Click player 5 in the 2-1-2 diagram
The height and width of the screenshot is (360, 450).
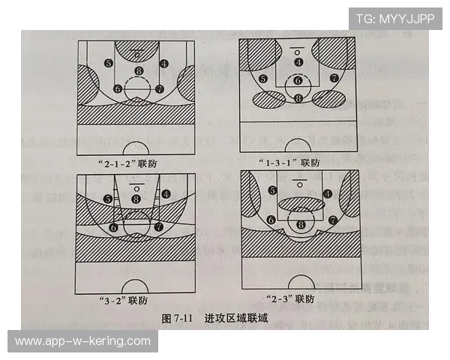click(109, 64)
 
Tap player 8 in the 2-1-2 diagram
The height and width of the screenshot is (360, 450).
click(137, 71)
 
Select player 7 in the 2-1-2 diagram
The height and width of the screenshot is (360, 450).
click(159, 88)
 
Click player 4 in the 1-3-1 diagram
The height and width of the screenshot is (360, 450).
click(298, 62)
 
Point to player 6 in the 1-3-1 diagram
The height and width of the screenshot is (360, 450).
click(298, 80)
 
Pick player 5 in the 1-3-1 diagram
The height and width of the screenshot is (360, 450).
click(262, 79)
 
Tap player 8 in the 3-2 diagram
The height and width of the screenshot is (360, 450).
click(136, 199)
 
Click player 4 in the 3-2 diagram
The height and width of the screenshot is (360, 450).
click(165, 193)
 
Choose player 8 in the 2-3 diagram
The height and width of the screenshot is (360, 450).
click(301, 224)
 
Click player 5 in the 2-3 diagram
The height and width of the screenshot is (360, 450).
click(272, 190)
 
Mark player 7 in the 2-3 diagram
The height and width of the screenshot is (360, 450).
click(332, 220)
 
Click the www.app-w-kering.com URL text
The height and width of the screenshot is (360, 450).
click(82, 341)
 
